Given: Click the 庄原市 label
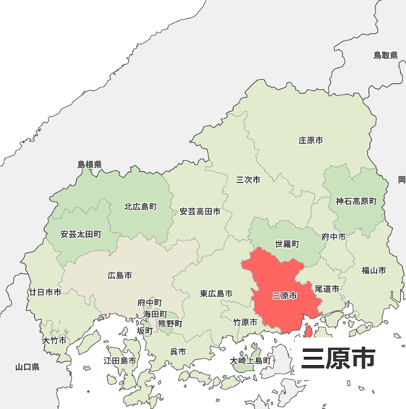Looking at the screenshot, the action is pos(310,139).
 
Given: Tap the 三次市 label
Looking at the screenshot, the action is pos(248,178).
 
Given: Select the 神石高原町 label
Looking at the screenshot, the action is pos(356,201).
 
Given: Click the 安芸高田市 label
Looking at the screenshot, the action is pos(200,212).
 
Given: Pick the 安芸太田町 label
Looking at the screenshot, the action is pos(81,235).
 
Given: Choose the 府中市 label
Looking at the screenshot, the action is pos(334,236).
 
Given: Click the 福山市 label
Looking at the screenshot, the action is pos(373,270).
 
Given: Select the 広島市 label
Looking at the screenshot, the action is pos(119,276).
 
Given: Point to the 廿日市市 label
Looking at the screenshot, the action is pos(45,293).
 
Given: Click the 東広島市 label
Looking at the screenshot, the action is pos(216,294).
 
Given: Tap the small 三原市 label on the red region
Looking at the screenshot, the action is pos(284,296).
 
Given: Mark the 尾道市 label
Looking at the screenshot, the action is pos(327,288).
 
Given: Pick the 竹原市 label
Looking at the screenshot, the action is pos(245,322).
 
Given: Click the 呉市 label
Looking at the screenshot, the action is pos(177,351).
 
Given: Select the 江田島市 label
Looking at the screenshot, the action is pos(119,360).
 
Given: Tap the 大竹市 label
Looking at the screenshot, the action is pos(54,340).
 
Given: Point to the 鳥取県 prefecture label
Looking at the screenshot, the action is pos(386,55).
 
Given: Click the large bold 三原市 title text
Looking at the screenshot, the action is pos(338,358).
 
